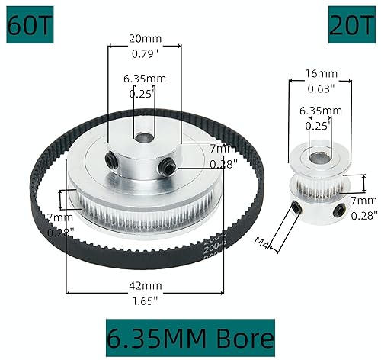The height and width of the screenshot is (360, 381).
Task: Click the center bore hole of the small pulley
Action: pyautogui.click(x=318, y=157)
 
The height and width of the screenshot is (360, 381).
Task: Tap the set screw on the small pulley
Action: pyautogui.click(x=296, y=207)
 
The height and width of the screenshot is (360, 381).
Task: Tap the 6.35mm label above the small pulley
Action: pyautogui.click(x=318, y=111)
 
